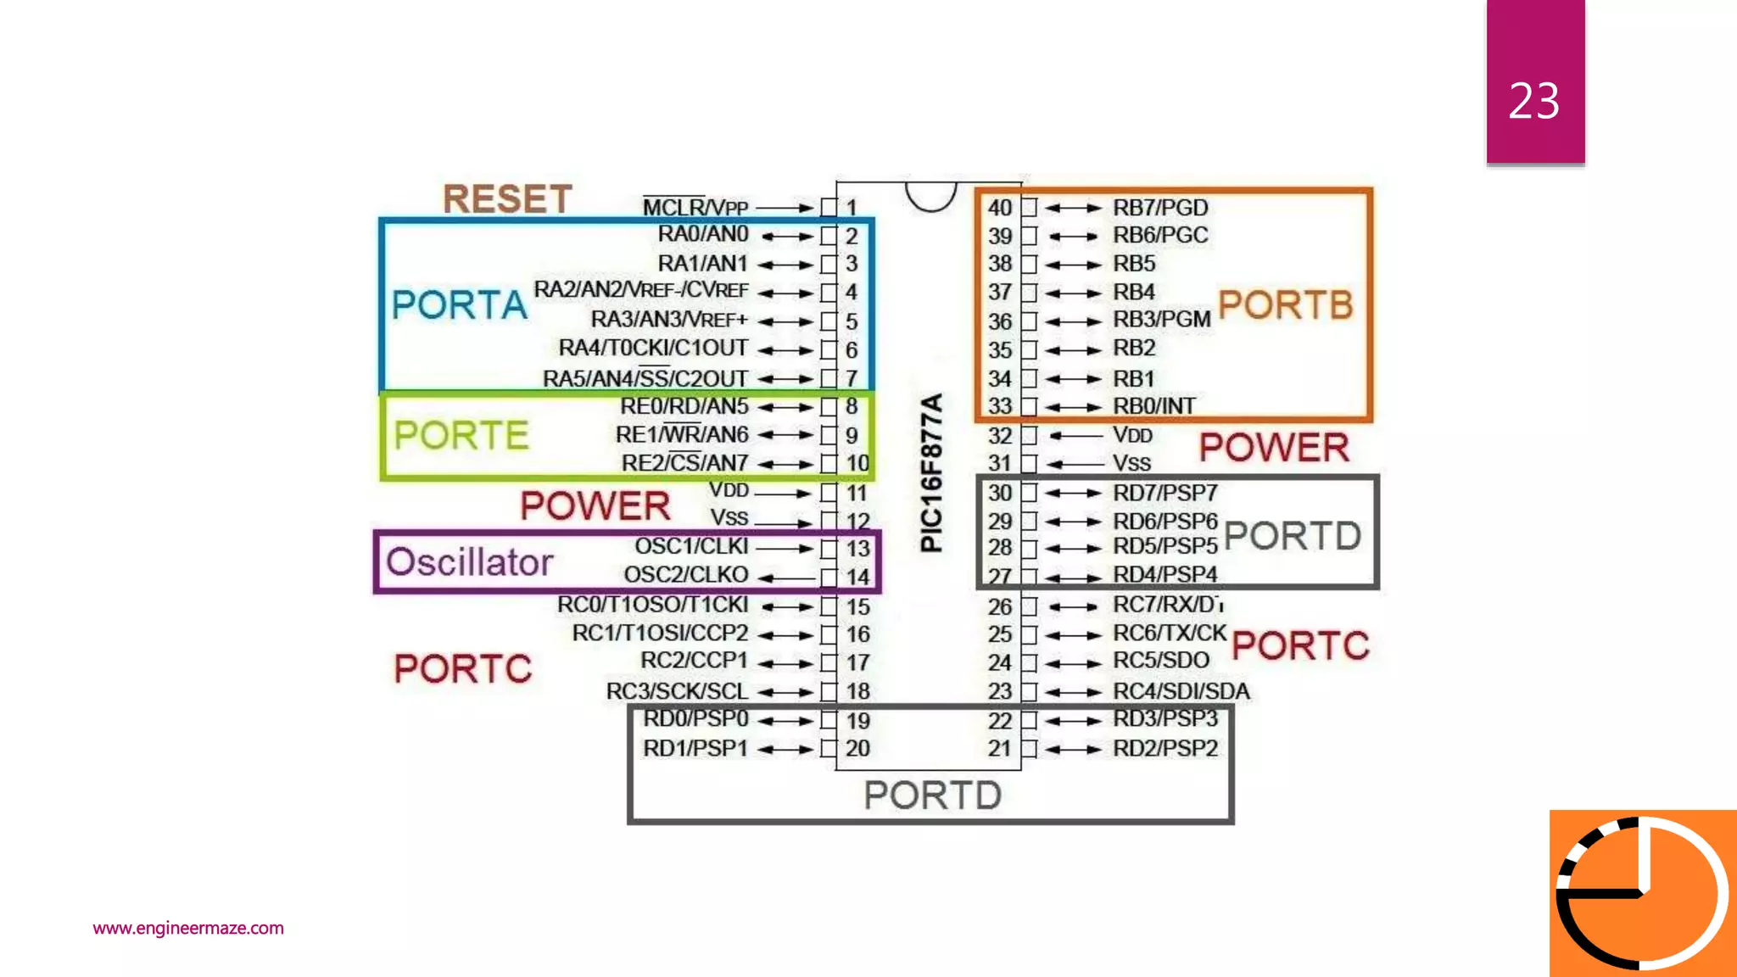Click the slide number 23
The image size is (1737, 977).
1533,101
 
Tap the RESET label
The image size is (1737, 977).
507,199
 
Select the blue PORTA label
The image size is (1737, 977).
459,304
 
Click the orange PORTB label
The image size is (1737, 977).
1285,304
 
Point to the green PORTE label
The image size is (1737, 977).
461,435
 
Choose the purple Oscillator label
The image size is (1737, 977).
469,562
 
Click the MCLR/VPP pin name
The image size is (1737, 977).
695,208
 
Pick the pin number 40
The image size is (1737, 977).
999,208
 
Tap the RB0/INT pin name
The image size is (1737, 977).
1154,406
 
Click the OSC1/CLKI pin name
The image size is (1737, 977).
691,546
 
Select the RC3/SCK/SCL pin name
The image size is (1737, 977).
677,691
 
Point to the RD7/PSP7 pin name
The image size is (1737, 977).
1165,493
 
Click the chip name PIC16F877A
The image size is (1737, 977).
931,472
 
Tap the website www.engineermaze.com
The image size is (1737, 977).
188,928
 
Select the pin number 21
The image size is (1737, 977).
999,748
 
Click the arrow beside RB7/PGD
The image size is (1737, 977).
1073,208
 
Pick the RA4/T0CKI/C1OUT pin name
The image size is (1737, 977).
653,349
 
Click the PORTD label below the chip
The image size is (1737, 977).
932,795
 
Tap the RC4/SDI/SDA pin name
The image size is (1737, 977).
1181,691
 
